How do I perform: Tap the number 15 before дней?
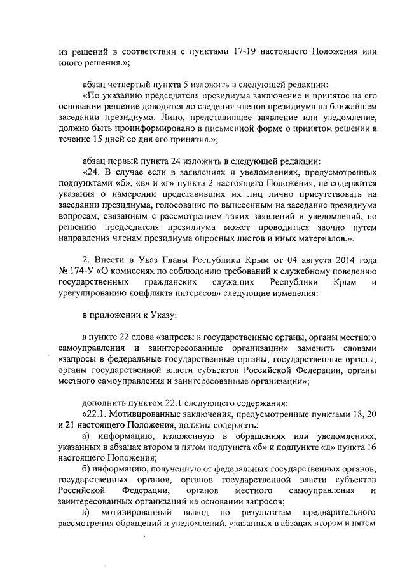[94, 139]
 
